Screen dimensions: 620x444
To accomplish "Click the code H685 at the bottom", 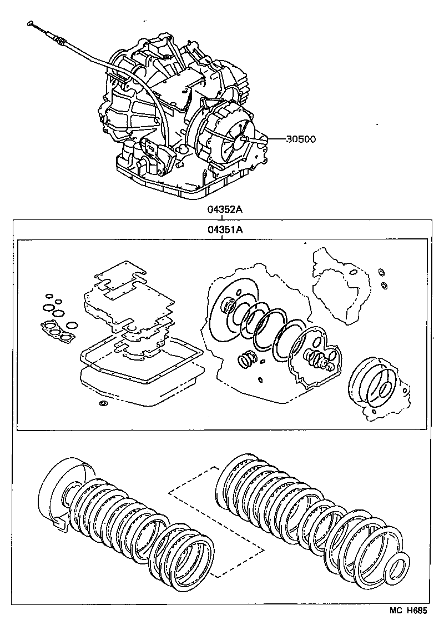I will pos(417,610).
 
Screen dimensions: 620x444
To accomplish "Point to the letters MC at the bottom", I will pos(395,610).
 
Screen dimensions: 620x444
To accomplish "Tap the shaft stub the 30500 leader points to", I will pos(244,141).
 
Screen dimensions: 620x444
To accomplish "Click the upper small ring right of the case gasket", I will pos(381,272).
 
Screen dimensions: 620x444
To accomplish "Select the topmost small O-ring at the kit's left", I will pos(49,296).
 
